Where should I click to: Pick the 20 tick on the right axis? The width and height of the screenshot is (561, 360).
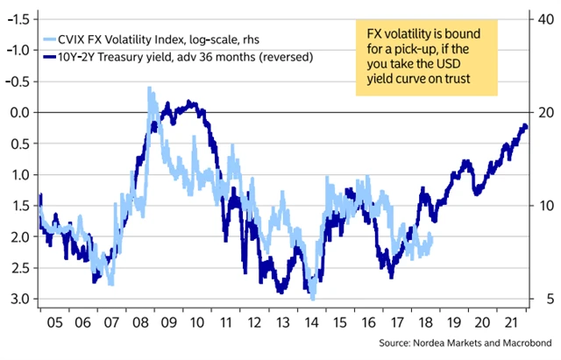click(x=543, y=112)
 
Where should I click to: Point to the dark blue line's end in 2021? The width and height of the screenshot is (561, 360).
click(x=525, y=126)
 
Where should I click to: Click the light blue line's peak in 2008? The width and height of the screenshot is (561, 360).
click(x=149, y=88)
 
